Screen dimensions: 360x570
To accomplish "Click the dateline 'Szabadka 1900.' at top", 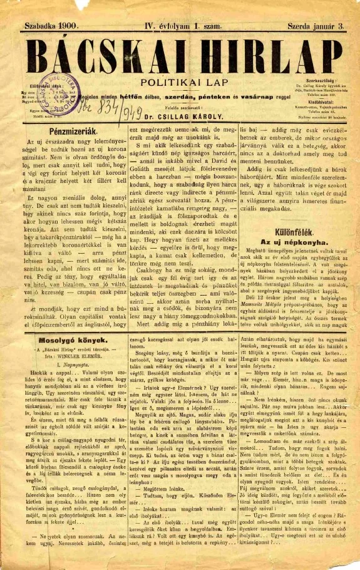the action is click(46, 26).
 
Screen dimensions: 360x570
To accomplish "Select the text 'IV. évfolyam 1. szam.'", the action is click(177, 26).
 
